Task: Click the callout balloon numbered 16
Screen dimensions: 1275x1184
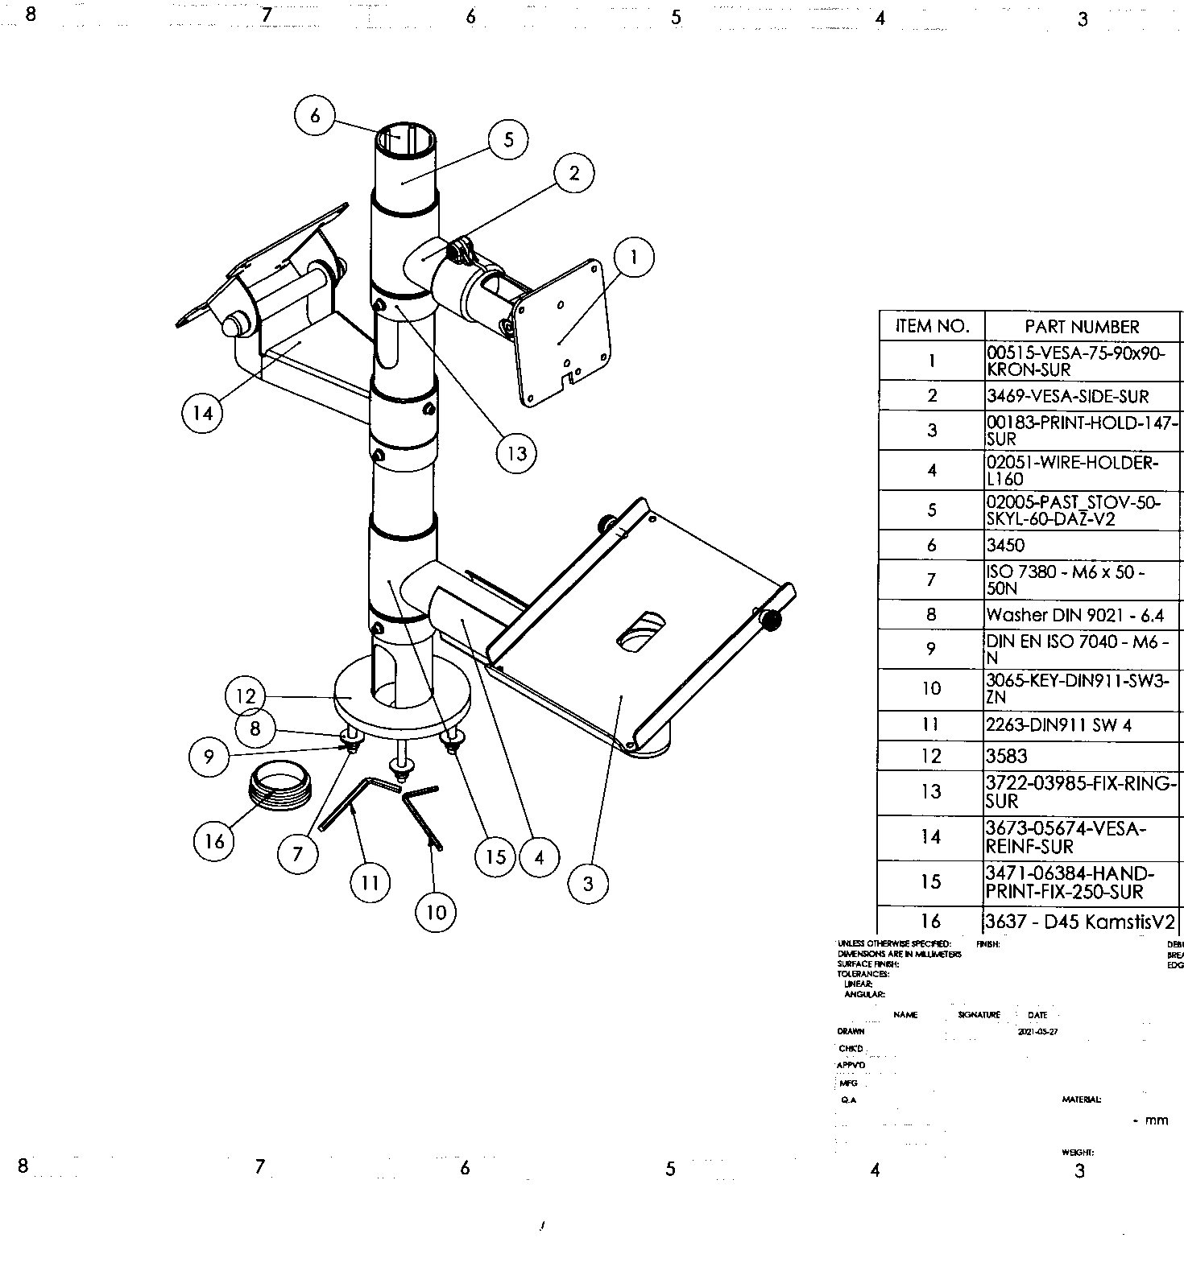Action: [x=214, y=841]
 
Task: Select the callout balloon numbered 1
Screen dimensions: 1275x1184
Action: [x=634, y=257]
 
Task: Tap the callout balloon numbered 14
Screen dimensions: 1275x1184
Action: [x=202, y=412]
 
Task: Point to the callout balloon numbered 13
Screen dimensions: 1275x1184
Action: [x=516, y=453]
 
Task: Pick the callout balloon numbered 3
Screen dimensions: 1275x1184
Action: [x=588, y=883]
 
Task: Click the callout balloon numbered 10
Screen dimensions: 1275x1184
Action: [x=436, y=911]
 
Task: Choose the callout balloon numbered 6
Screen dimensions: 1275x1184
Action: [x=315, y=116]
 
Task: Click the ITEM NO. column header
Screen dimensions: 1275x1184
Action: [x=931, y=326]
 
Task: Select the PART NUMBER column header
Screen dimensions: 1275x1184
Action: [x=1082, y=326]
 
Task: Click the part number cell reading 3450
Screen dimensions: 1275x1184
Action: [x=1006, y=545]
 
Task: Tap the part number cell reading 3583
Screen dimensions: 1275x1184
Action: [x=1007, y=756]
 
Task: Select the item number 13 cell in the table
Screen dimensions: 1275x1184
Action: [x=931, y=792]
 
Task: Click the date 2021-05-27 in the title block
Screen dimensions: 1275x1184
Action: [x=1037, y=1032]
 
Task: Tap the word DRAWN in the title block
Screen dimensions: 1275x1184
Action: [x=851, y=1031]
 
